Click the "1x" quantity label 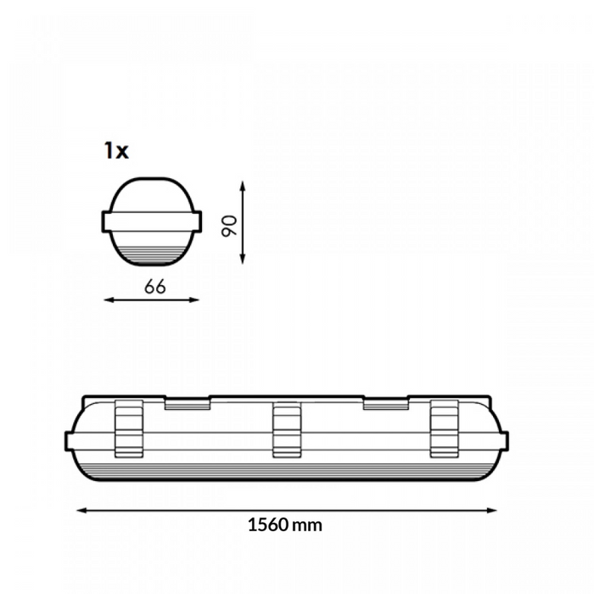tap(115, 151)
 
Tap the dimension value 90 tap(228, 226)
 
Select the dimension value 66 tap(154, 286)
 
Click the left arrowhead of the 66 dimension tap(107, 300)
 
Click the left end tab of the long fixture tap(70, 440)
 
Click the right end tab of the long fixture tap(504, 440)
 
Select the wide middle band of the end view tap(153, 221)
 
